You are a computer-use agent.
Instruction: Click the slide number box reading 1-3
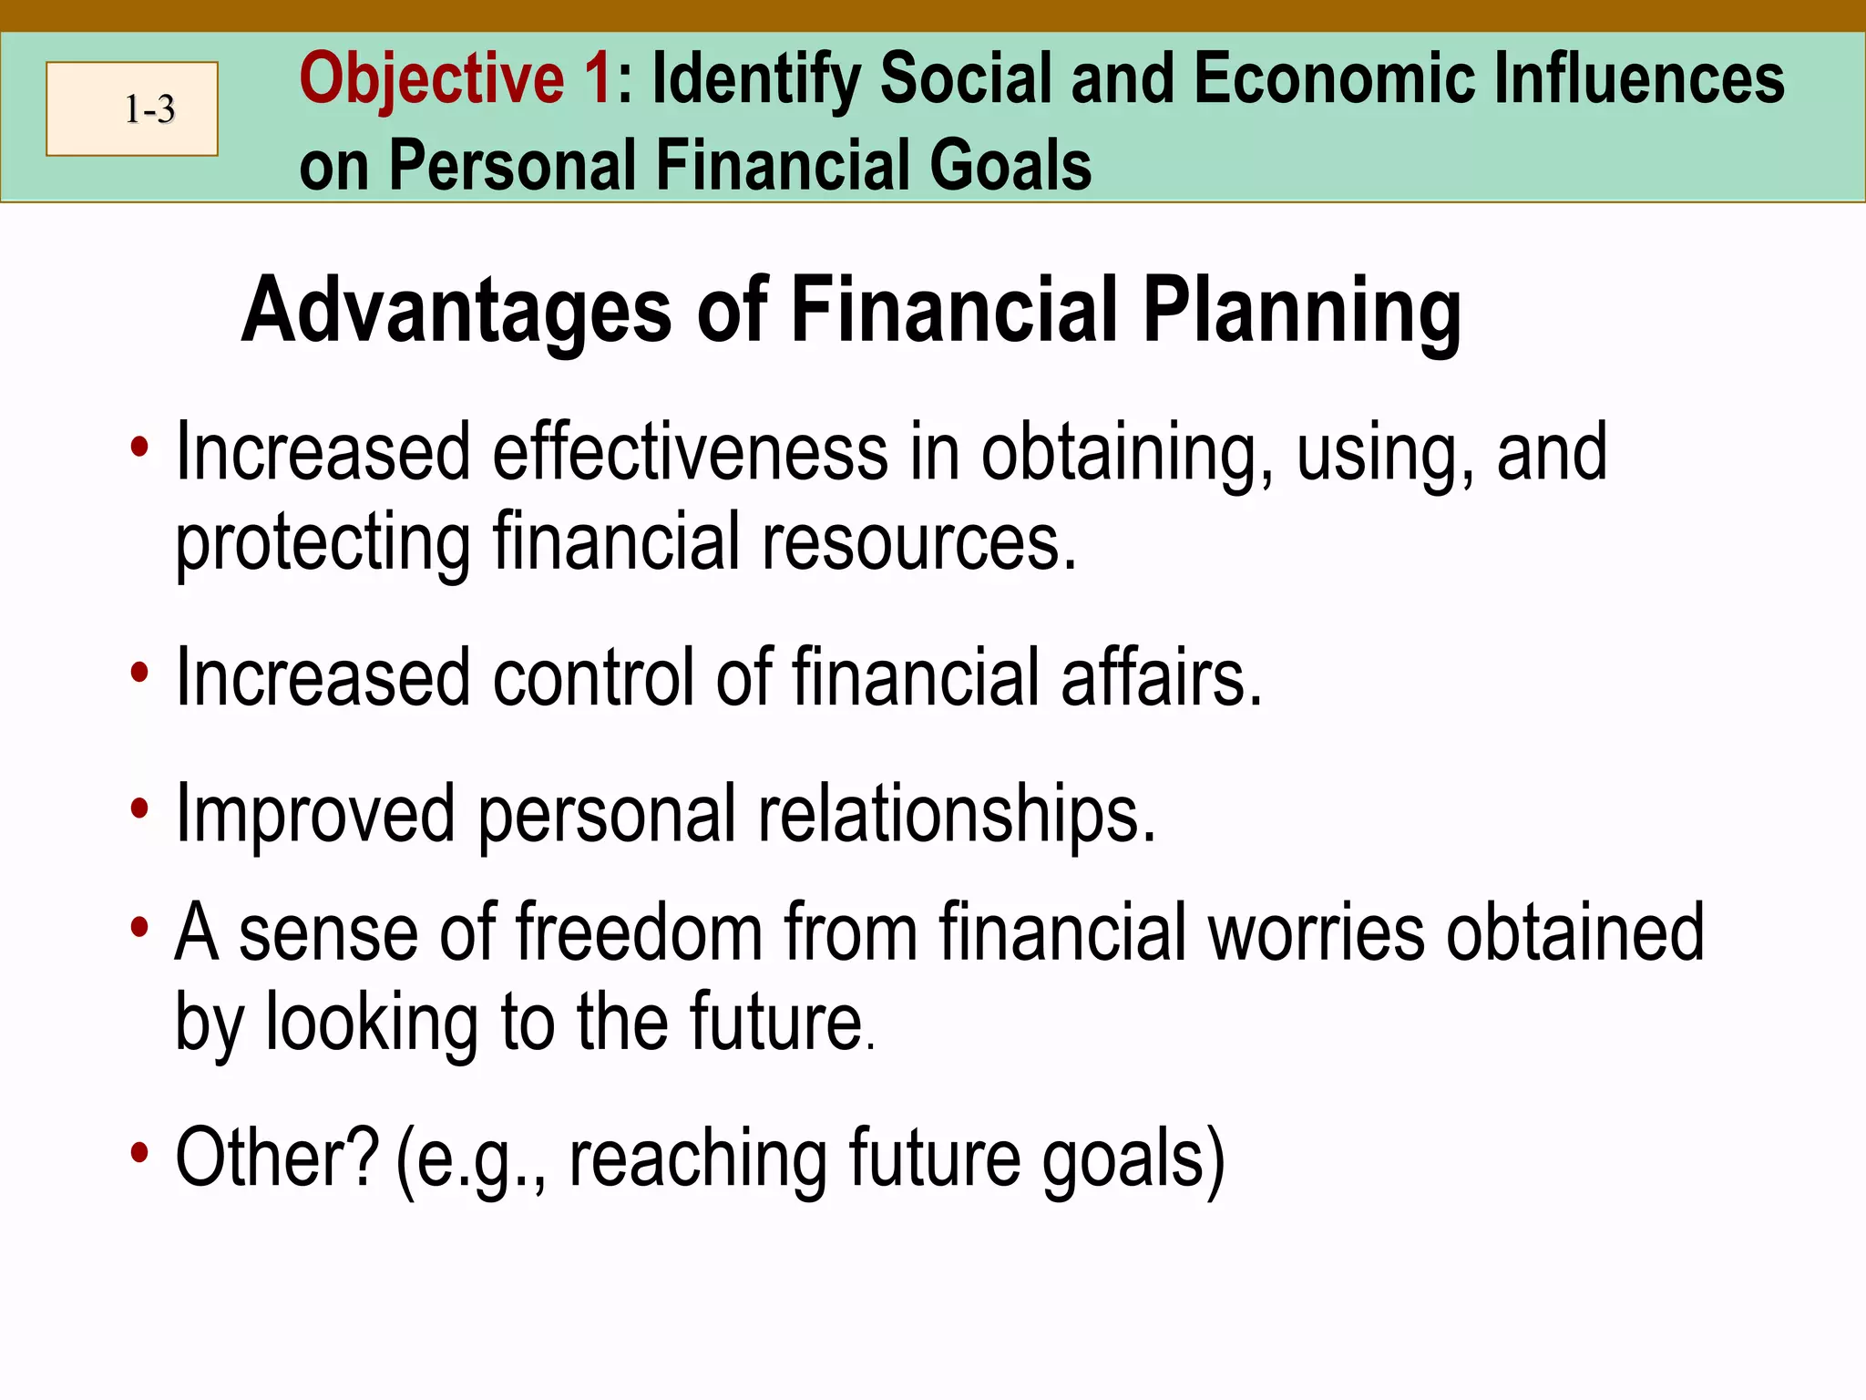[132, 109]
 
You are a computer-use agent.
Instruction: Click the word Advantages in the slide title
[456, 312]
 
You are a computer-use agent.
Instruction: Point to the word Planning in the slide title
[1302, 312]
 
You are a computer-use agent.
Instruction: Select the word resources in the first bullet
[918, 542]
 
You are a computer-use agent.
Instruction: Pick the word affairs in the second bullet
[1161, 677]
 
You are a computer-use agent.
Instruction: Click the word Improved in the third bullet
[314, 814]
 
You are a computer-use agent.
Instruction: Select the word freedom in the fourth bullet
[639, 932]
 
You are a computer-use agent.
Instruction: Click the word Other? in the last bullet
[276, 1158]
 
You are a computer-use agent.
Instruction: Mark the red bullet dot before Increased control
[138, 674]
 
